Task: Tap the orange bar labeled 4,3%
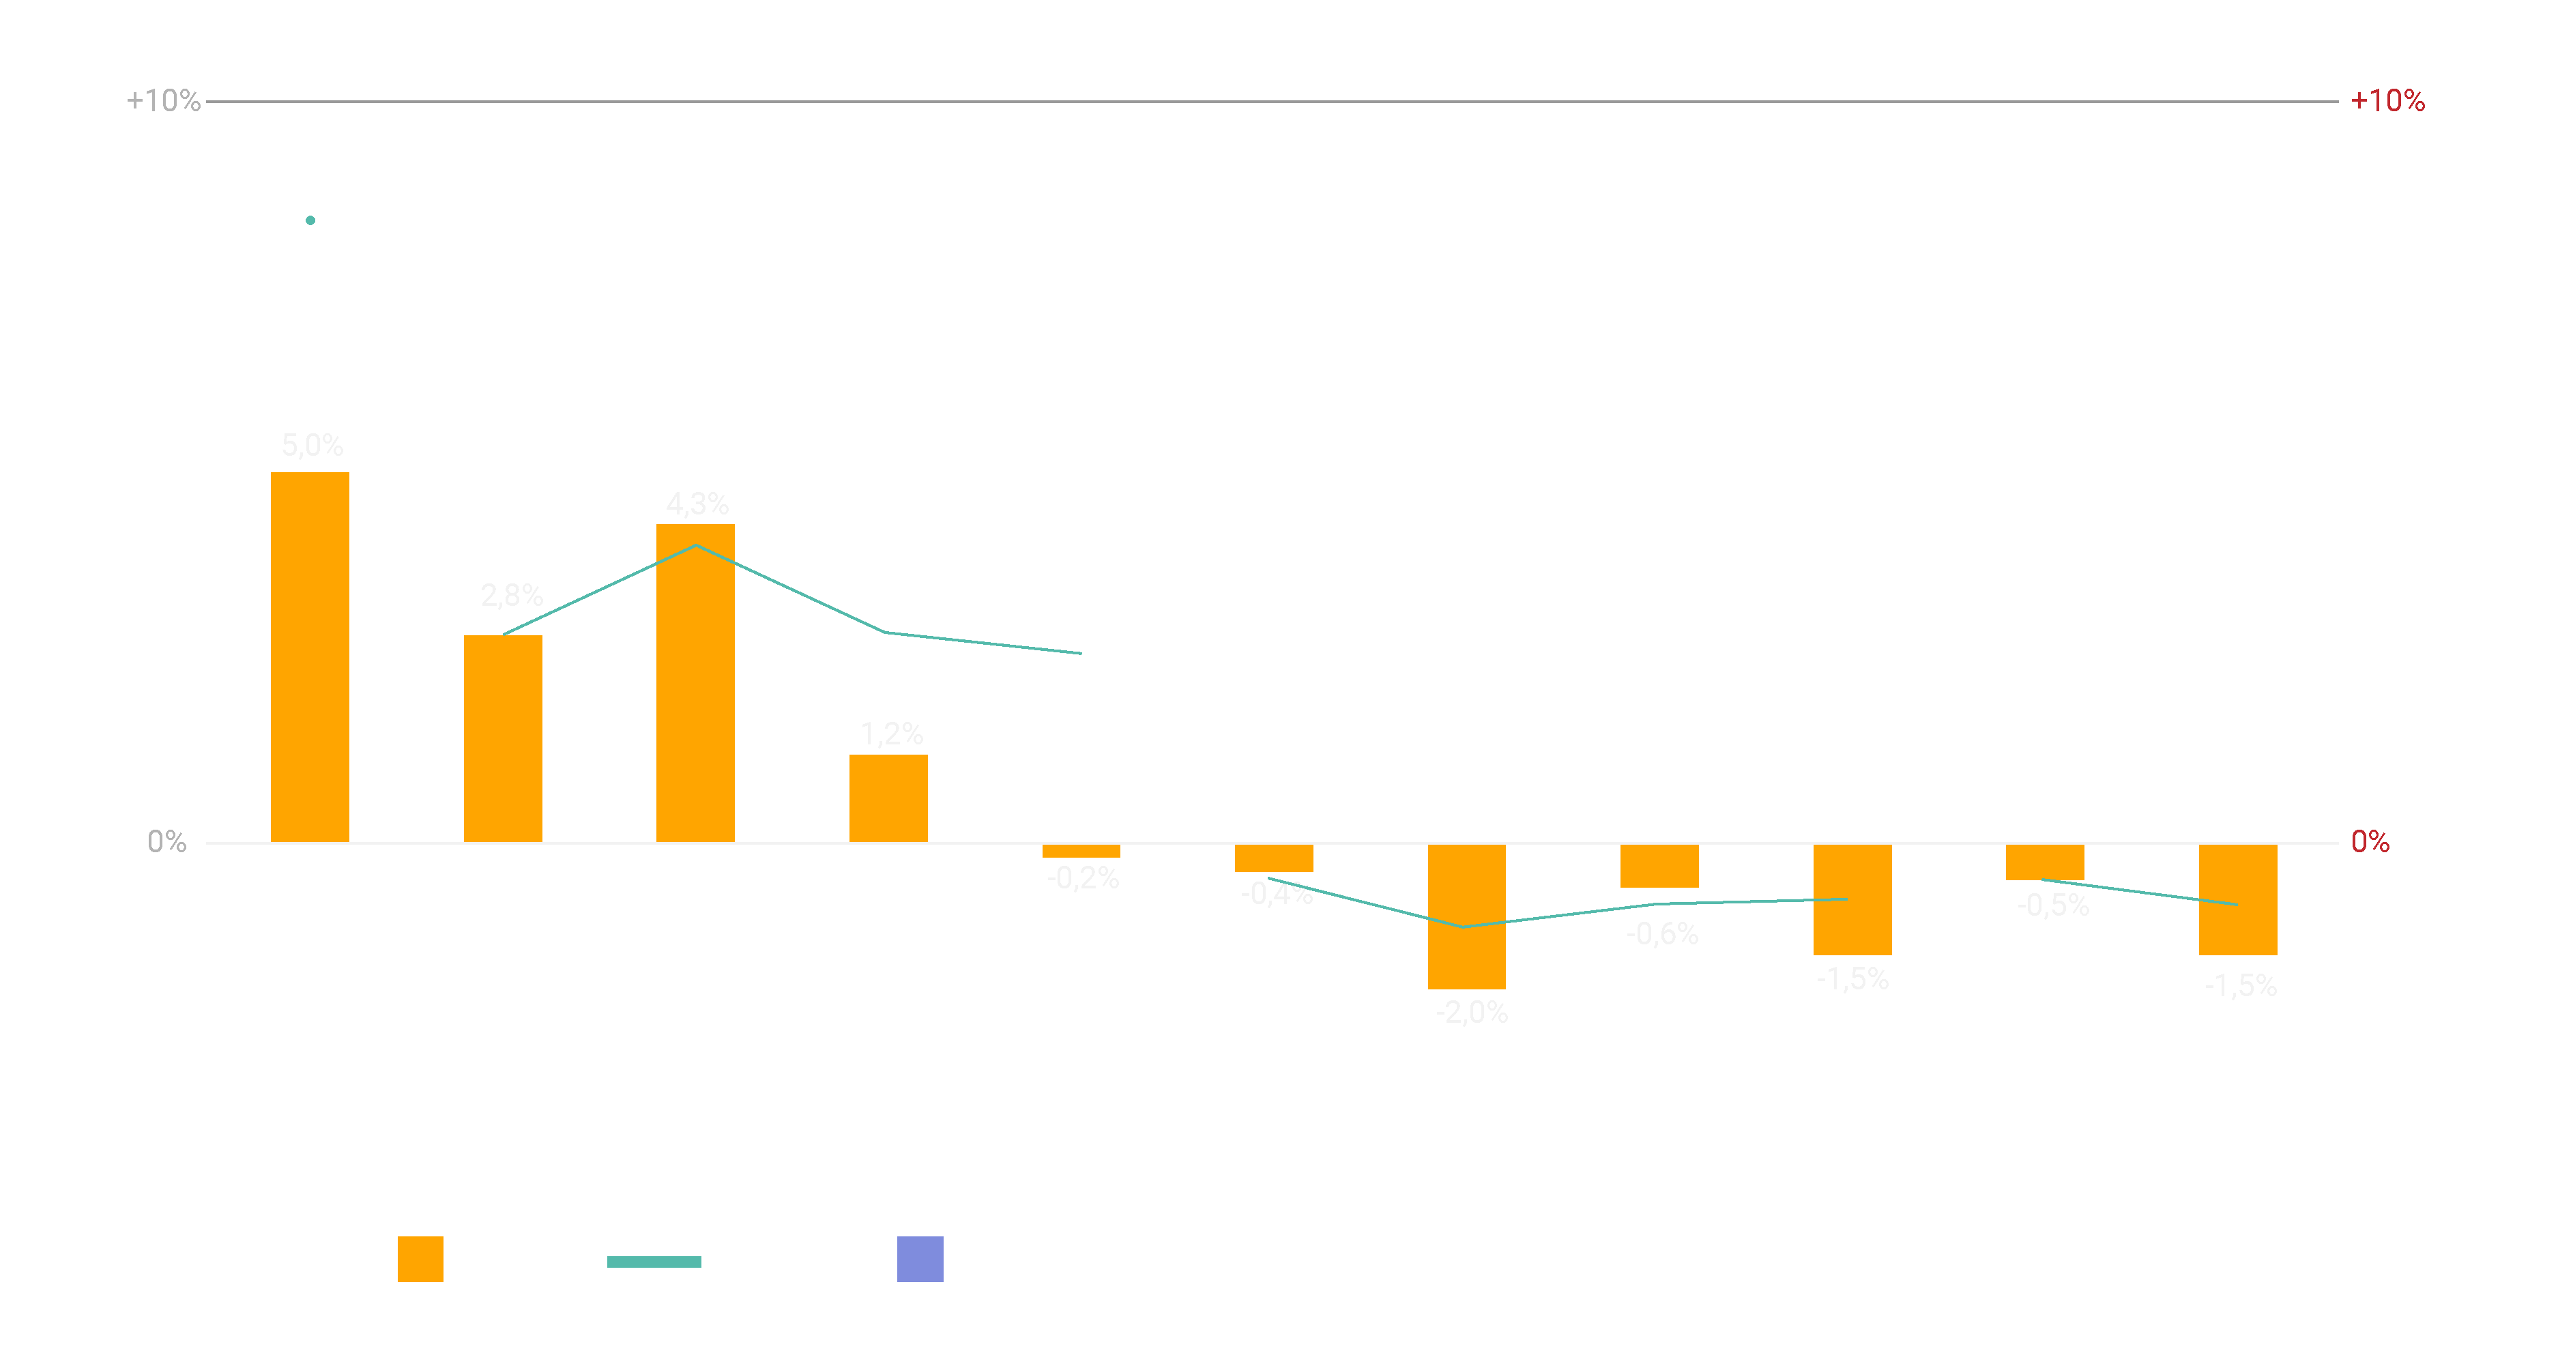pyautogui.click(x=695, y=682)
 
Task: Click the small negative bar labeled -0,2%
pyautogui.click(x=1081, y=851)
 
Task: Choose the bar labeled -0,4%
pyautogui.click(x=1273, y=858)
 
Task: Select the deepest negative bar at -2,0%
pyautogui.click(x=1466, y=916)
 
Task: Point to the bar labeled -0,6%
pyautogui.click(x=1659, y=866)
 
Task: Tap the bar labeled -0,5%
pyautogui.click(x=2045, y=862)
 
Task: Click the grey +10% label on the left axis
pyautogui.click(x=163, y=101)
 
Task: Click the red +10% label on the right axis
pyautogui.click(x=2387, y=101)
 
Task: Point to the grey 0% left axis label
pyautogui.click(x=166, y=842)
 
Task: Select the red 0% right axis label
pyautogui.click(x=2369, y=842)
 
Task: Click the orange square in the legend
pyautogui.click(x=420, y=1258)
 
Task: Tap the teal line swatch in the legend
pyautogui.click(x=654, y=1261)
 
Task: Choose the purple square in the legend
pyautogui.click(x=920, y=1258)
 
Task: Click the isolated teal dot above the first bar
pyautogui.click(x=310, y=220)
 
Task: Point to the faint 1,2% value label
pyautogui.click(x=891, y=734)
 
